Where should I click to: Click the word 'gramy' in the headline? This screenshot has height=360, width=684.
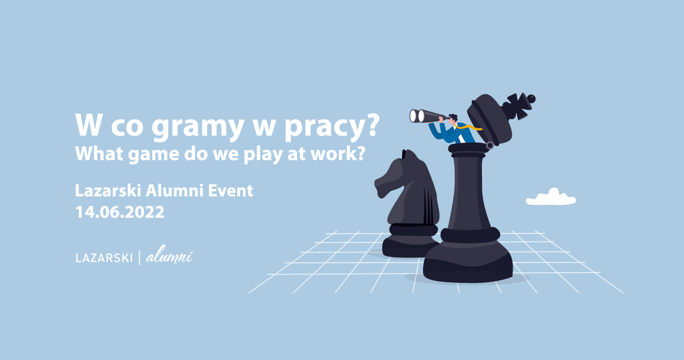197,127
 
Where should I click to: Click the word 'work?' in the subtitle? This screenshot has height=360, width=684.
338,153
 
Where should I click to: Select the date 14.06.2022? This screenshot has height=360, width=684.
120,212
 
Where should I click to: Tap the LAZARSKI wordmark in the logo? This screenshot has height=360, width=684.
104,258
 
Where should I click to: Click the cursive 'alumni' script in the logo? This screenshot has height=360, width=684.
170,255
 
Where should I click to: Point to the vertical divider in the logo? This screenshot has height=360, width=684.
140,257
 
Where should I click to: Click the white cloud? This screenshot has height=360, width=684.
551,197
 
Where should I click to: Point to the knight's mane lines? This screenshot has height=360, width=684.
429,206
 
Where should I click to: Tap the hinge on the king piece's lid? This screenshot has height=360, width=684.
490,145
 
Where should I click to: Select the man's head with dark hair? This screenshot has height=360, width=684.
453,119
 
